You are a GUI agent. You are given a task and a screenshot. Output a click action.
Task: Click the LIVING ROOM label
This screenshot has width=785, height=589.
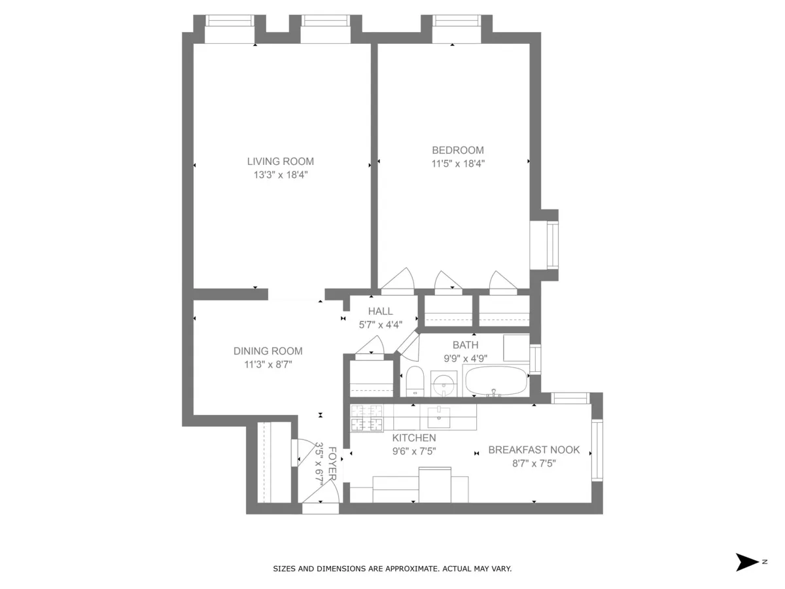click(x=280, y=162)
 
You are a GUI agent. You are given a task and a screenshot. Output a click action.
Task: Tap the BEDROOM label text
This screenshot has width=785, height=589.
click(x=457, y=150)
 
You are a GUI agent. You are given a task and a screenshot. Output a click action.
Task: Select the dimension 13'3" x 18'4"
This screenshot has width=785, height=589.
click(x=280, y=175)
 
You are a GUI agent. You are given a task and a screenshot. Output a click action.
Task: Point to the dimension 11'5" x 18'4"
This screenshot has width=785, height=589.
click(x=457, y=164)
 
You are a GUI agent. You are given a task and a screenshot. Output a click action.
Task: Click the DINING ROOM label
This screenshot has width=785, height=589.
click(x=268, y=351)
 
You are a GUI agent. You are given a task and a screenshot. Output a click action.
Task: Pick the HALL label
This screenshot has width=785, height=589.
click(x=380, y=312)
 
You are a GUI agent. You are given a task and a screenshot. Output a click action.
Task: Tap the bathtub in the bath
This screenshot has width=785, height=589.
click(x=495, y=381)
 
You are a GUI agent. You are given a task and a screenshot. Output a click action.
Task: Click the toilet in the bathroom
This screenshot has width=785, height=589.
click(x=415, y=381)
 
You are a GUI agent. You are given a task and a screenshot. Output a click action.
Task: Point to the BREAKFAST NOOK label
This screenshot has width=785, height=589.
click(x=534, y=450)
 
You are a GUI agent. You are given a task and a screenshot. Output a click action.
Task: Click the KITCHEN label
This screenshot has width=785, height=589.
click(x=413, y=438)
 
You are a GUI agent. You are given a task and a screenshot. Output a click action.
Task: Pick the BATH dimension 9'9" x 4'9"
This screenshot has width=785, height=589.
click(x=465, y=358)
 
